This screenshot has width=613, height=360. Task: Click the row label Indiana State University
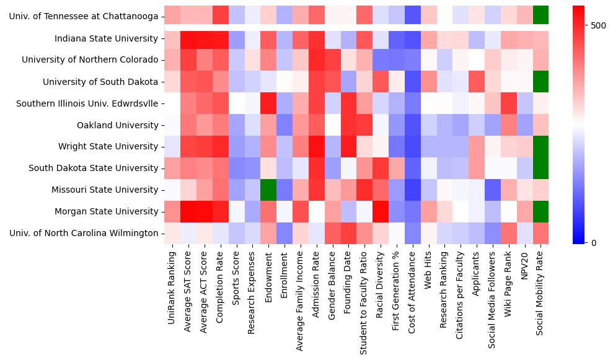[107, 38]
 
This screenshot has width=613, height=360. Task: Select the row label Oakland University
[117, 125]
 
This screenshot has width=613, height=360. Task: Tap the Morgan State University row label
[107, 211]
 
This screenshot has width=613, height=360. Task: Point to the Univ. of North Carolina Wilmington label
[84, 233]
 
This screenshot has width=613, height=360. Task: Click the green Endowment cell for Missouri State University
[268, 190]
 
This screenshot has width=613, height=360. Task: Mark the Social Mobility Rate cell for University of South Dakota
[540, 82]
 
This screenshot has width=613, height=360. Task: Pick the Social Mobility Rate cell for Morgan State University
[540, 211]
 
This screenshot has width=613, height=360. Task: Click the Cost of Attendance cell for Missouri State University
[412, 190]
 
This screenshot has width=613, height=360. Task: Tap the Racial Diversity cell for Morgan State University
[381, 211]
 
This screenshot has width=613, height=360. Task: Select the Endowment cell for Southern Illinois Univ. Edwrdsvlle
[268, 103]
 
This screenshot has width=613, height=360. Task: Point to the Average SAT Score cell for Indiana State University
[188, 38]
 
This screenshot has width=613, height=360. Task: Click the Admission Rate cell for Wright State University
[316, 147]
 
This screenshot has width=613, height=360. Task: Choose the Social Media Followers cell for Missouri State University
[493, 190]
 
